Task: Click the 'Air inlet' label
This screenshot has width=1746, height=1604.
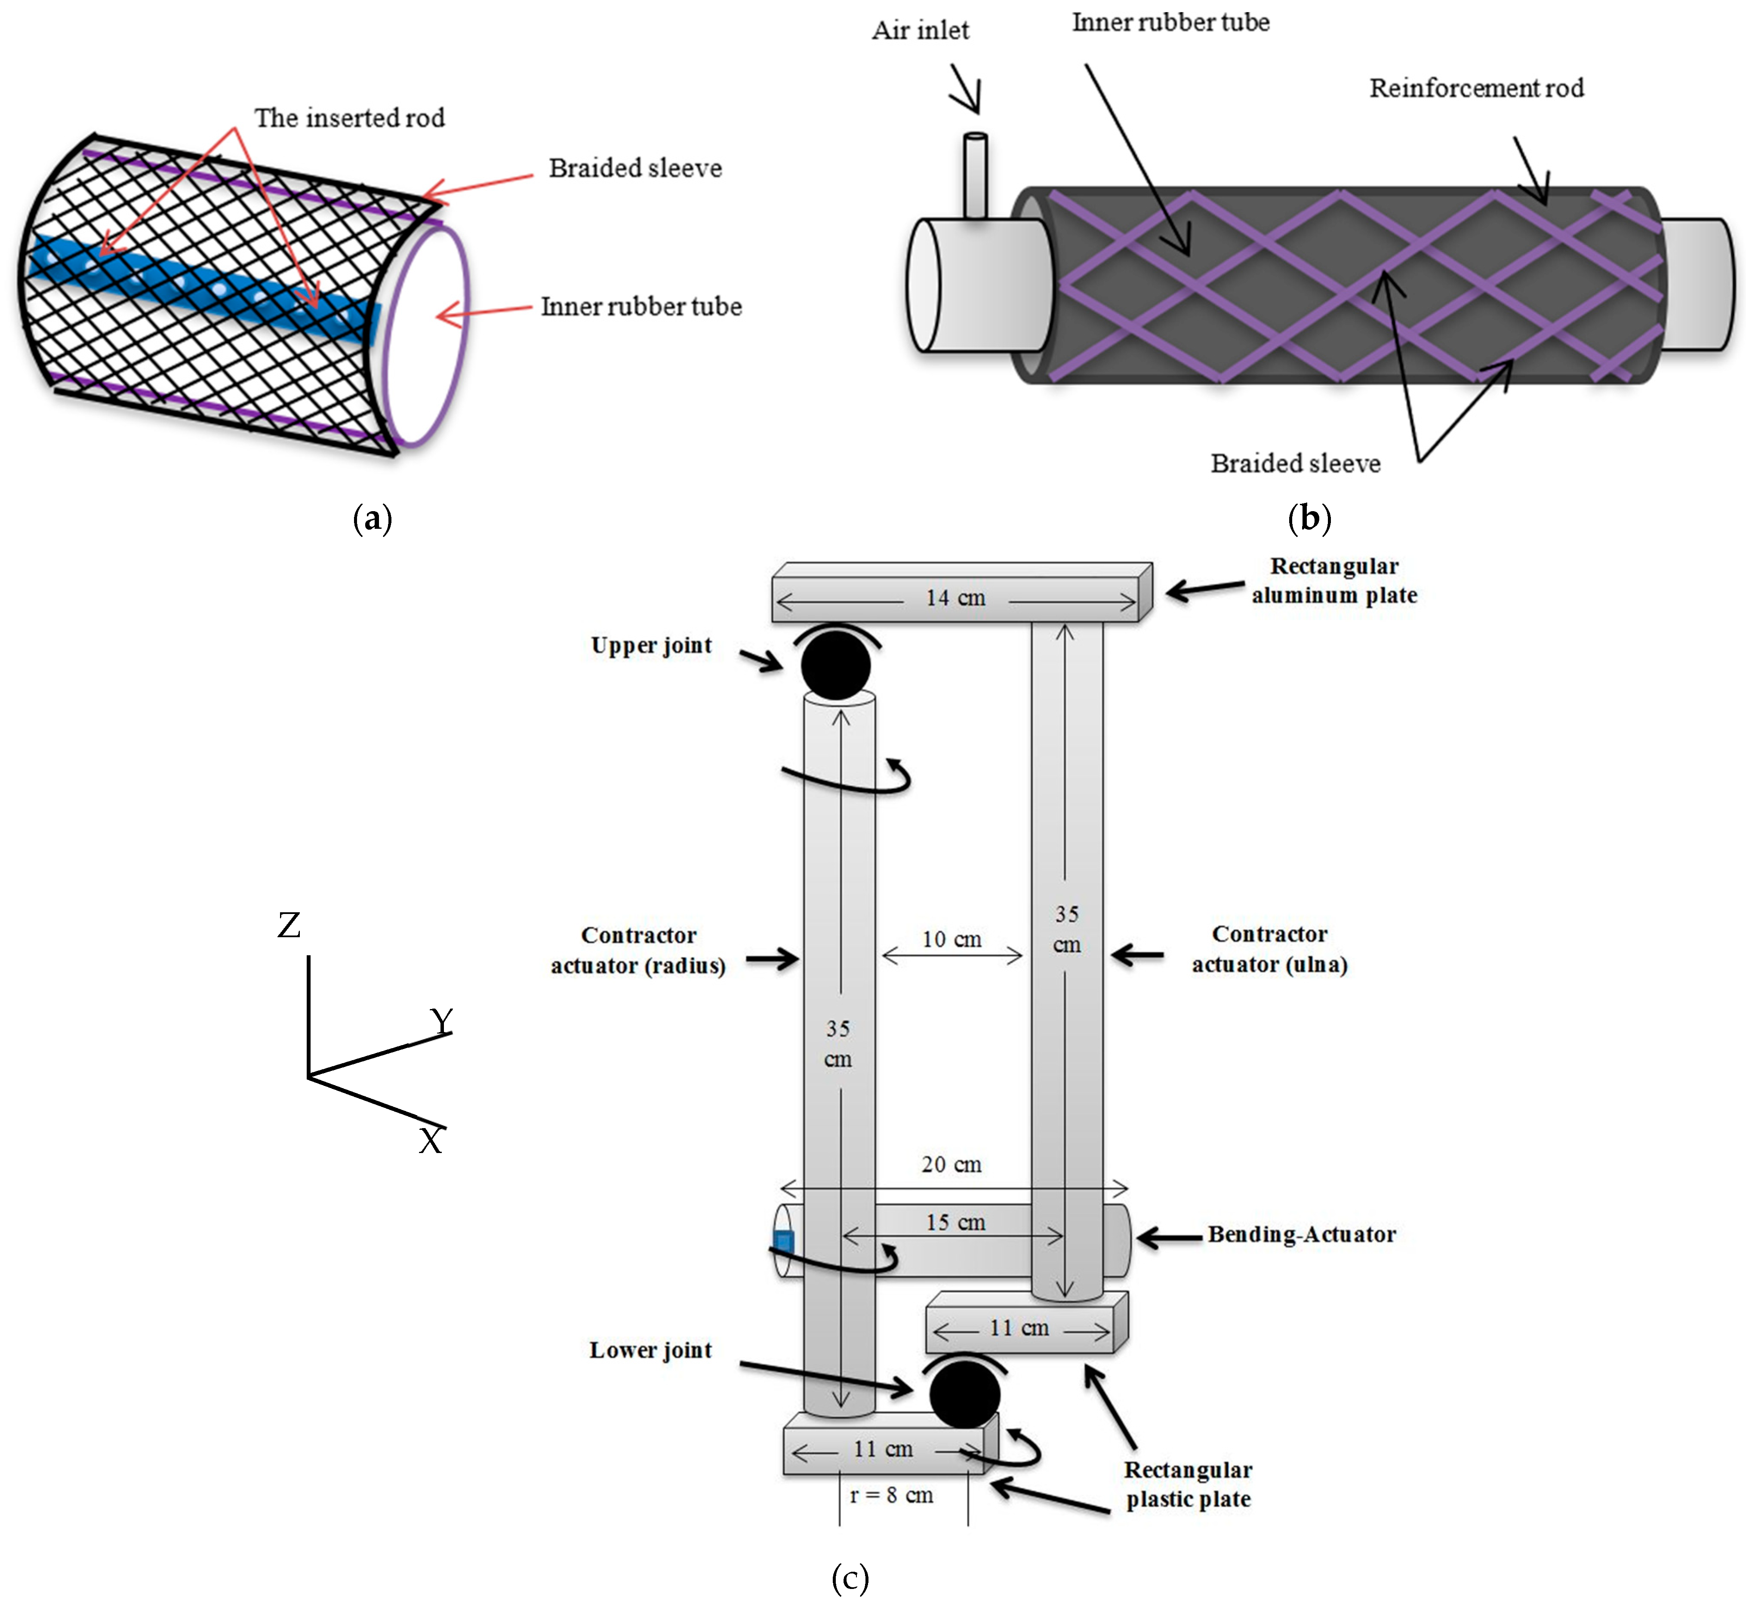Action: coord(921,31)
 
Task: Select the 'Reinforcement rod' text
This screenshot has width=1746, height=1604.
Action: coord(1476,88)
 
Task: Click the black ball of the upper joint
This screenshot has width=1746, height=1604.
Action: coord(835,665)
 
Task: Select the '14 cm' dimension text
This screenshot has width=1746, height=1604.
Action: coord(955,598)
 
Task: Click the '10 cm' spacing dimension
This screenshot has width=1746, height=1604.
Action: coord(952,939)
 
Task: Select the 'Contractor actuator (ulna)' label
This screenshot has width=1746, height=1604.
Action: coord(1269,949)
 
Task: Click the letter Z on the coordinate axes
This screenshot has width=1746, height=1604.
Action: coord(289,925)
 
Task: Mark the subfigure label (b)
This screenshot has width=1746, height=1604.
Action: coord(1309,518)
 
